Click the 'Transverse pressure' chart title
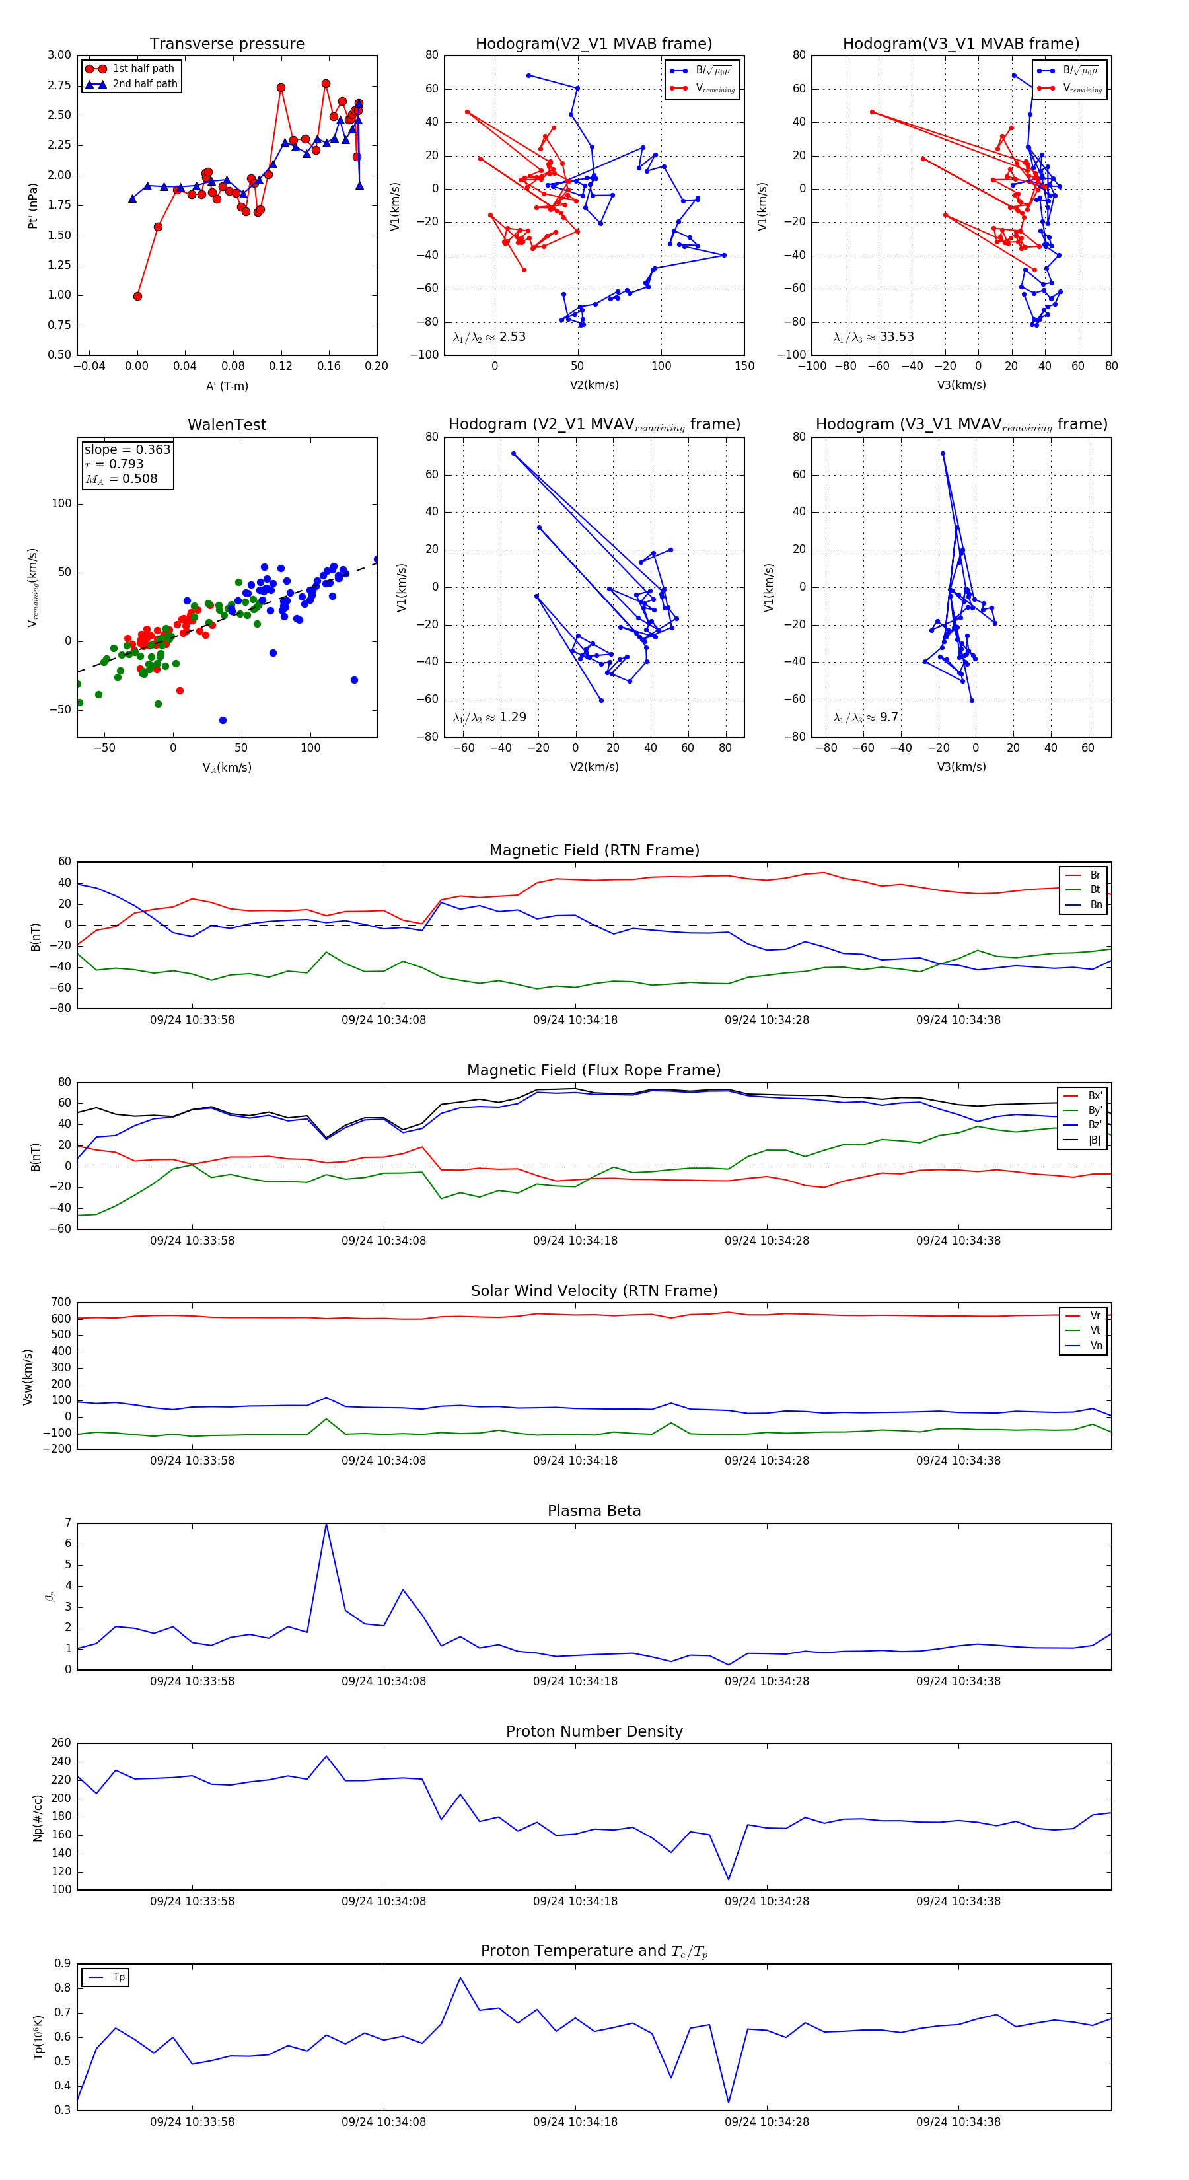click(227, 44)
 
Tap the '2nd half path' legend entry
click(145, 84)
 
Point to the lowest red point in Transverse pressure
click(137, 296)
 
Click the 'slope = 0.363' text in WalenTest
click(127, 449)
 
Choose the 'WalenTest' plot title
click(227, 425)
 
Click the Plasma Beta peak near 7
click(326, 1524)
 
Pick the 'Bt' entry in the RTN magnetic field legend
click(1095, 889)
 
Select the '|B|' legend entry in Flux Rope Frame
click(1095, 1140)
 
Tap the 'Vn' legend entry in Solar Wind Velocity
click(1095, 1346)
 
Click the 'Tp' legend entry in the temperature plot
click(118, 1978)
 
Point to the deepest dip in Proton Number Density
click(729, 1881)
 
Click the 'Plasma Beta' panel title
click(594, 1511)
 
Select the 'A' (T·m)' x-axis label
click(227, 386)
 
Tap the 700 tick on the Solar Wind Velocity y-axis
click(61, 1303)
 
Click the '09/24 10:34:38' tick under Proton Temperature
click(958, 2122)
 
